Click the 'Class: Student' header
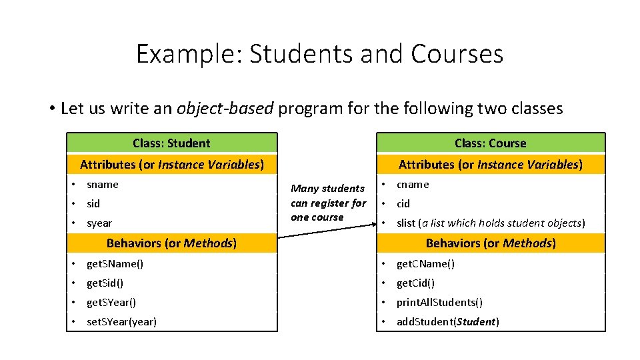(171, 143)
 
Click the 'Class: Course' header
(490, 143)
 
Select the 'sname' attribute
(103, 185)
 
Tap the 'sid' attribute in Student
(93, 204)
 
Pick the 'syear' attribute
(99, 223)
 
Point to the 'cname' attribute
(413, 185)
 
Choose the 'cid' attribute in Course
(403, 204)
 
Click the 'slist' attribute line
(490, 223)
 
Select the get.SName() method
(115, 264)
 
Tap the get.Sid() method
(105, 283)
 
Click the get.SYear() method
(111, 303)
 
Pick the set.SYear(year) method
(122, 322)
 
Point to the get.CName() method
(425, 264)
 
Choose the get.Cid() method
(415, 283)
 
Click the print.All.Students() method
(439, 303)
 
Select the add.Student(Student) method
(448, 322)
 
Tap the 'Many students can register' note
(328, 203)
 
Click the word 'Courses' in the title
(457, 54)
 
